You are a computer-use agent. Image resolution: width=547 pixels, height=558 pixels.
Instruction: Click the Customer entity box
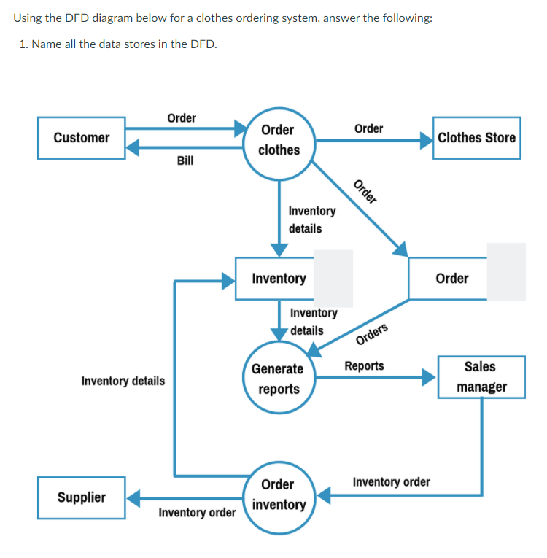tap(82, 138)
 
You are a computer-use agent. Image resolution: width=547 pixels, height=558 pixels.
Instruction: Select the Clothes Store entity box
tap(476, 138)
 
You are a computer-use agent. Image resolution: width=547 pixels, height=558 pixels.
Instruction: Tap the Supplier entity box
tap(82, 497)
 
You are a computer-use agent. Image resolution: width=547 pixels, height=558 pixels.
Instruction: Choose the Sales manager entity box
tap(481, 376)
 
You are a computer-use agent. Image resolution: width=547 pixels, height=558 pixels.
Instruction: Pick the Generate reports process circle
tap(278, 379)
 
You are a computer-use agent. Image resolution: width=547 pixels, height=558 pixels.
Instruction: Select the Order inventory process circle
tap(278, 495)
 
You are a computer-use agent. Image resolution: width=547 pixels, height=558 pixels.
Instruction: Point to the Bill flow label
tap(185, 160)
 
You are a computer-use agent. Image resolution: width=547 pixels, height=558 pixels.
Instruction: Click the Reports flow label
tap(364, 365)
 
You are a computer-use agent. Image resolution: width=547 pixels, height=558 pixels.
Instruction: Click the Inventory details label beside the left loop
tap(123, 381)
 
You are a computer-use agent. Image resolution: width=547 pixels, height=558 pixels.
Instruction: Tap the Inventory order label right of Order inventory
tap(391, 482)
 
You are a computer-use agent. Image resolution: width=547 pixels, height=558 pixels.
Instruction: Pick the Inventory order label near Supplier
tap(197, 513)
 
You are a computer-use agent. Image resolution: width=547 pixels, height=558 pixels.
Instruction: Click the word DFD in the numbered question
tap(202, 44)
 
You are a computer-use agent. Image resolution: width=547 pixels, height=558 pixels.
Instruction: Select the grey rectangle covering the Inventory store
tap(333, 278)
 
